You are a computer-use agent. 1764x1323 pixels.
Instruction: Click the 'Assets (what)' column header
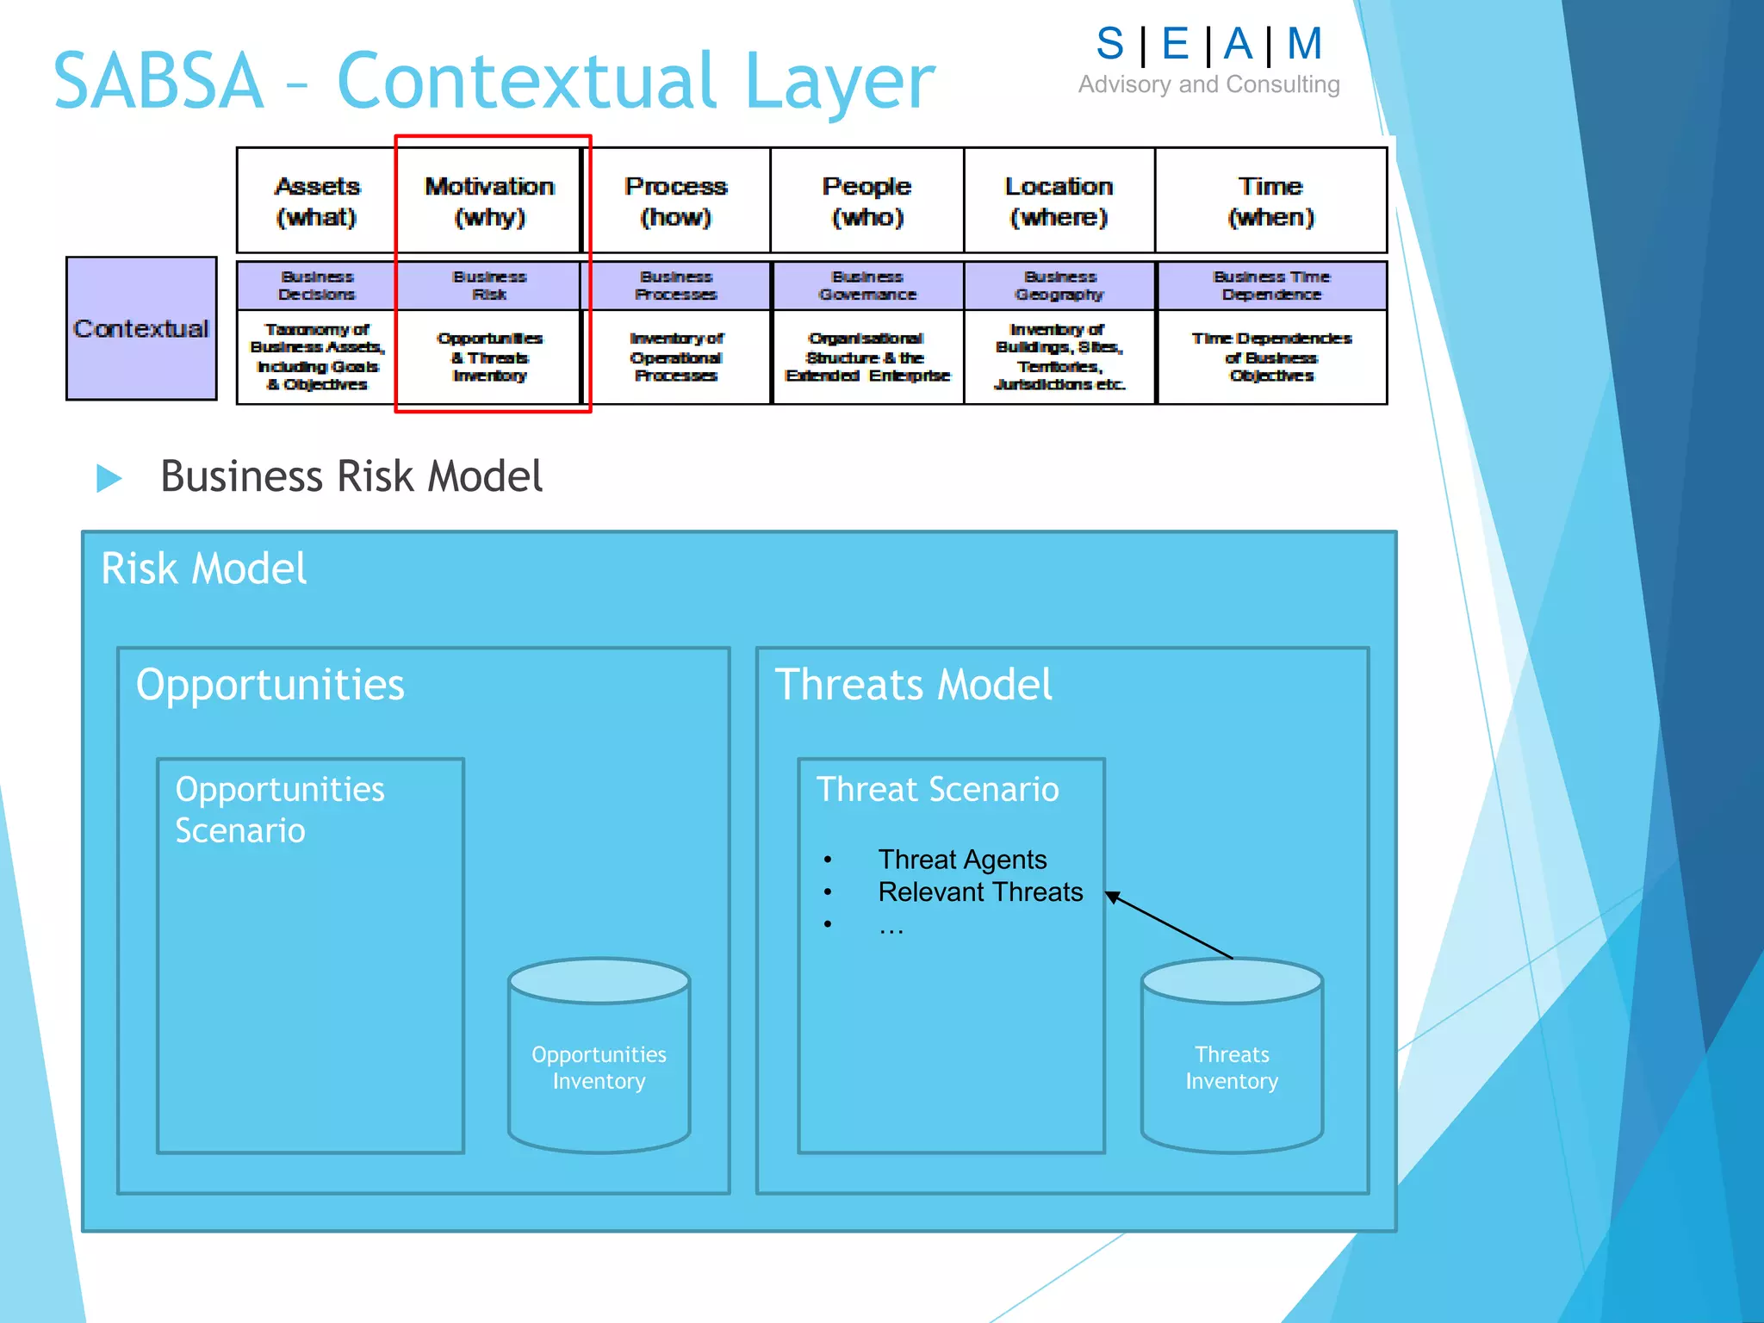(x=316, y=201)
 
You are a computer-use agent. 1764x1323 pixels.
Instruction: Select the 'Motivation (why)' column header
(x=489, y=201)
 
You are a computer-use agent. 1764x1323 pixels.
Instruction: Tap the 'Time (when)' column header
(x=1270, y=201)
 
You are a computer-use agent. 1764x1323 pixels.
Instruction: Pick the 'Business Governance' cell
(x=867, y=285)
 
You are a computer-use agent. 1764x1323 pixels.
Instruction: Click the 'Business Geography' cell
(x=1059, y=285)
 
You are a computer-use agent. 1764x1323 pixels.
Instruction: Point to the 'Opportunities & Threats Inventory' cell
(x=489, y=357)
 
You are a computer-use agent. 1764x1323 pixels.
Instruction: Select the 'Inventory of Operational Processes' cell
(x=676, y=357)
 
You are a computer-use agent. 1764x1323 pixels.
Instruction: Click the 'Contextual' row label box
(x=141, y=328)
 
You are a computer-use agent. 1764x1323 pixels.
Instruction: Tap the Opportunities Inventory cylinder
(x=599, y=1056)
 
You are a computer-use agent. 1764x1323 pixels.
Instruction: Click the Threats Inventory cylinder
(x=1232, y=1056)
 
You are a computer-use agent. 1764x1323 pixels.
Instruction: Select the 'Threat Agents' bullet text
(x=962, y=860)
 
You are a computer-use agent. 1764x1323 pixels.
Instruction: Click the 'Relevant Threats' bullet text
(x=980, y=892)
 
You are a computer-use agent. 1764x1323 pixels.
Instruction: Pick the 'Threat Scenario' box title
(x=937, y=789)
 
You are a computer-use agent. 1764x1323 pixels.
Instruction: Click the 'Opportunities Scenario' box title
(x=279, y=810)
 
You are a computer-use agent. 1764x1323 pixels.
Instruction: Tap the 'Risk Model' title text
(x=203, y=568)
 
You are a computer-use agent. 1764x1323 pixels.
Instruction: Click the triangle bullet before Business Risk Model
(x=109, y=478)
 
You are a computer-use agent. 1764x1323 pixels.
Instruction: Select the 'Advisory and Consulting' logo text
(x=1208, y=84)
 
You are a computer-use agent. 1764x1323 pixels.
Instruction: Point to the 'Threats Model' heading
(x=913, y=685)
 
